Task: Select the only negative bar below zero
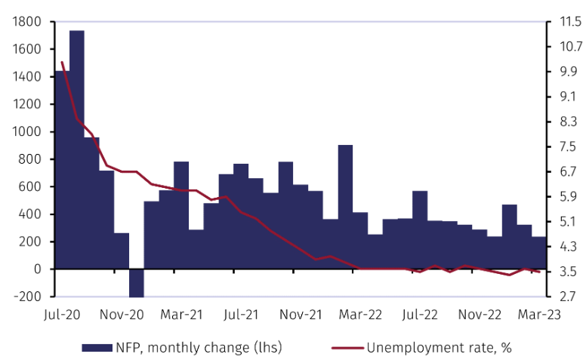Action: pyautogui.click(x=136, y=283)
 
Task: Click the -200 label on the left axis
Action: pyautogui.click(x=31, y=297)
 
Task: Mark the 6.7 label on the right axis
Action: pyautogui.click(x=565, y=171)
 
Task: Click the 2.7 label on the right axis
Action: pyautogui.click(x=565, y=297)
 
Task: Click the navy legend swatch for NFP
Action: pyautogui.click(x=96, y=347)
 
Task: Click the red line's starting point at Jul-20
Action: pyautogui.click(x=62, y=62)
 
